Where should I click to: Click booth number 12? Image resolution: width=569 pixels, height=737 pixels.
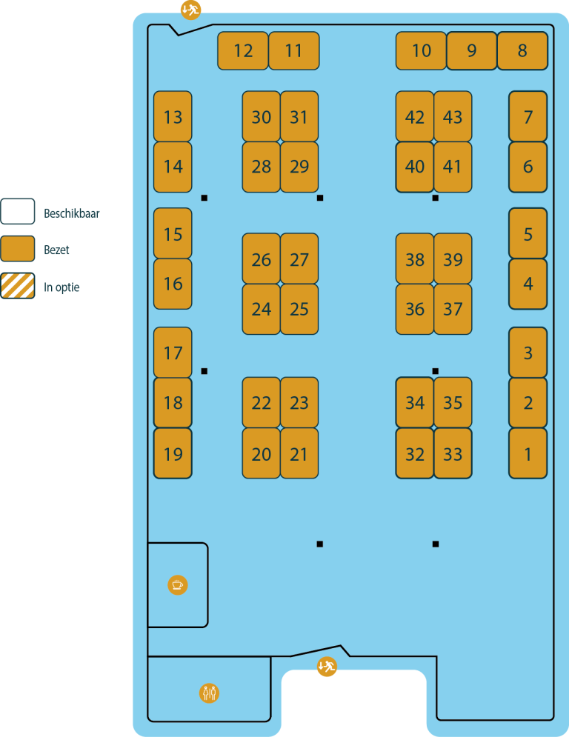243,50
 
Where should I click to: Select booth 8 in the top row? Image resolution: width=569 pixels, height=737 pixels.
522,50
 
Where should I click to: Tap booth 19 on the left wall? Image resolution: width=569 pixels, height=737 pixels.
173,453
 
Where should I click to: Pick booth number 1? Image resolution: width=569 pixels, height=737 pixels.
528,453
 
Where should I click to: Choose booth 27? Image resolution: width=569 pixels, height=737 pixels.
299,259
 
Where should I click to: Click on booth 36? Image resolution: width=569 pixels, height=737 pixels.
415,309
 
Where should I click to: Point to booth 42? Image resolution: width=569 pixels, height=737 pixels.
415,117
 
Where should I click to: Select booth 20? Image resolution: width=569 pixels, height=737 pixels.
261,453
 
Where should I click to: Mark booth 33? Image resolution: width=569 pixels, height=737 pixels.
453,453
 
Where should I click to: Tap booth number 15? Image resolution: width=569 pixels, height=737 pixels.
173,234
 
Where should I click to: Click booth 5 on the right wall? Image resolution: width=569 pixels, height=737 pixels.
528,234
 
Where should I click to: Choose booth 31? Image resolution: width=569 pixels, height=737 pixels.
299,117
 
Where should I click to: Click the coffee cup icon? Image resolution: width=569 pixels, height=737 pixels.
177,584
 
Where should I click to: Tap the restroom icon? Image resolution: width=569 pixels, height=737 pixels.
210,693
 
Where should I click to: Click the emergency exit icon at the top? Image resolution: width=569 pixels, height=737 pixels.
190,10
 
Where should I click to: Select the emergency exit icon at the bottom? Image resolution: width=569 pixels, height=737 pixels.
327,667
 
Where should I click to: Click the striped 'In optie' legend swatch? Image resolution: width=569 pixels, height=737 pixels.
18,286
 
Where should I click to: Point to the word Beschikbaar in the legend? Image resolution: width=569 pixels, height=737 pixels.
72,213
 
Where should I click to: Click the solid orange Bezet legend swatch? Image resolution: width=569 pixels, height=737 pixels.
18,249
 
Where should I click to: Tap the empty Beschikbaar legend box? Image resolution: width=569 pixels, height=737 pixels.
18,212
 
